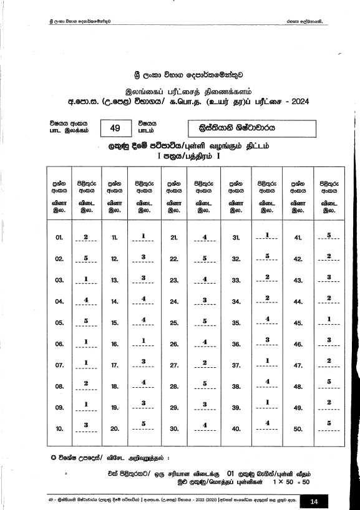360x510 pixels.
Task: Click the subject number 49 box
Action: [x=115, y=128]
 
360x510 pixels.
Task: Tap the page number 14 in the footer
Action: [x=314, y=500]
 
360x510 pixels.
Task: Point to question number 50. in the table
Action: [x=298, y=429]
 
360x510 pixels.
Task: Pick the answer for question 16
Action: [x=144, y=340]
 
